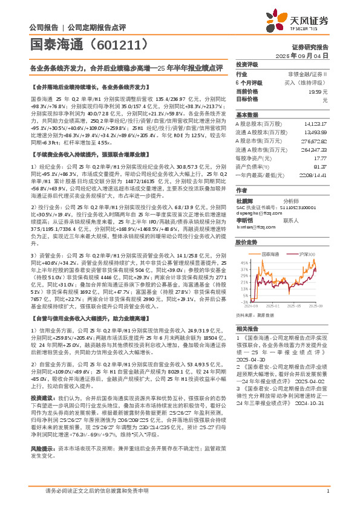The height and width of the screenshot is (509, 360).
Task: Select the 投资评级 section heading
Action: [247, 64]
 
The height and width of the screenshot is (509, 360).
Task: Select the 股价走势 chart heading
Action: [246, 242]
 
